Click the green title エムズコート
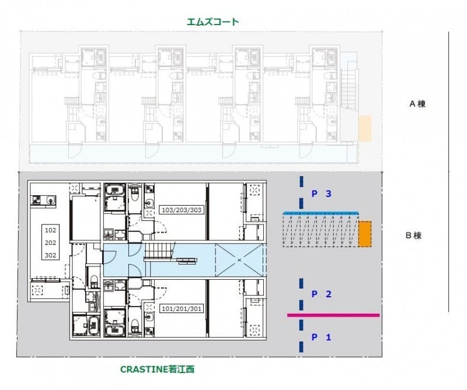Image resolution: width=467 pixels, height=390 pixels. click(212, 22)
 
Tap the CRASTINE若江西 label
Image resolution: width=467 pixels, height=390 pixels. click(157, 369)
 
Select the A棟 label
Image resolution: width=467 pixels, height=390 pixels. click(417, 104)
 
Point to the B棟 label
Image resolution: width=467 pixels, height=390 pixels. click(414, 236)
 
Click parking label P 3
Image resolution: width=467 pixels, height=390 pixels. click(322, 194)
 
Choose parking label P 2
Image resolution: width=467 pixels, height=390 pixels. click(322, 294)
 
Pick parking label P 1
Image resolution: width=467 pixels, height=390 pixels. click(322, 338)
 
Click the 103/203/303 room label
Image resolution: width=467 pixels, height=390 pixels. click(182, 210)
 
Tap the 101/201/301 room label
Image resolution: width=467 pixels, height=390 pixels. click(182, 309)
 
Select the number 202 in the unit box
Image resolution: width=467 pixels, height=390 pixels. click(50, 243)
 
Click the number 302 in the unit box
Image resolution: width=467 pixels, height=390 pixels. click(50, 255)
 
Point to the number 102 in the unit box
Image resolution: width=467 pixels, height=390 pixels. click(50, 230)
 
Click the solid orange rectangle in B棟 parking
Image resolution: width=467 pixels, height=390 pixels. click(364, 234)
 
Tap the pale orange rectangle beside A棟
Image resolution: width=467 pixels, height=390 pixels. click(365, 128)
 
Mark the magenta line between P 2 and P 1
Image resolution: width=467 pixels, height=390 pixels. click(333, 315)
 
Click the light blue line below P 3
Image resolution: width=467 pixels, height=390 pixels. click(320, 213)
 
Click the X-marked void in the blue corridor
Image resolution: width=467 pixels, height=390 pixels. click(239, 261)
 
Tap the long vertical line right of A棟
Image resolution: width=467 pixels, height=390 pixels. click(449, 171)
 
